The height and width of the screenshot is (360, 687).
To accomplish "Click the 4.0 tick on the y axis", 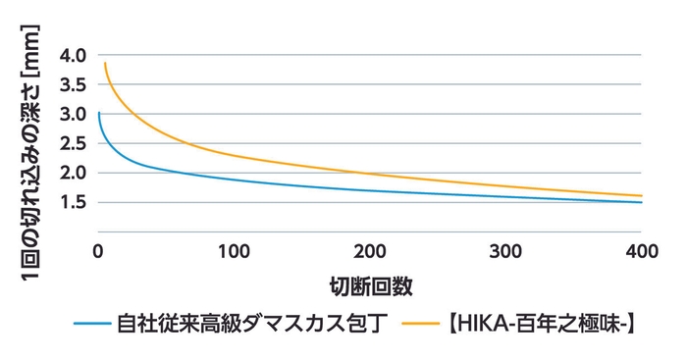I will [x=74, y=54].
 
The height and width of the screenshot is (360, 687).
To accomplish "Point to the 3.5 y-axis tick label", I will [x=74, y=83].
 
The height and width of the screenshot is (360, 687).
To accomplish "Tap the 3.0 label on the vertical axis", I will [x=74, y=113].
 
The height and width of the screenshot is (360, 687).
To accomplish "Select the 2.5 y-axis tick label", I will [x=74, y=143].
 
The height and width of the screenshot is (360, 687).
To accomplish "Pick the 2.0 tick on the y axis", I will [x=74, y=173].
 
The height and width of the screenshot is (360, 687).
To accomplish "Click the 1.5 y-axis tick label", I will [x=74, y=202].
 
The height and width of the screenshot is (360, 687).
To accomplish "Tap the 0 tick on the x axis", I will [x=98, y=250].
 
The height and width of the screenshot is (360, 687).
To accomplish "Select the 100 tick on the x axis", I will [x=234, y=250].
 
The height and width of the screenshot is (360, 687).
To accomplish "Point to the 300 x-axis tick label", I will [x=505, y=250].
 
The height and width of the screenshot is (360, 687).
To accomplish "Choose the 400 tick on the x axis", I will [x=641, y=250].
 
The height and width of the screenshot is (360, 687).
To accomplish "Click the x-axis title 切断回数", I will [x=370, y=286].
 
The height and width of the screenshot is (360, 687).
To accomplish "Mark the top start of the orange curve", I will [x=104, y=63].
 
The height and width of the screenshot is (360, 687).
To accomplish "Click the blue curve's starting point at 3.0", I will [x=99, y=113].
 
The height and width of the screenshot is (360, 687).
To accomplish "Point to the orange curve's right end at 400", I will [x=641, y=195].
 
